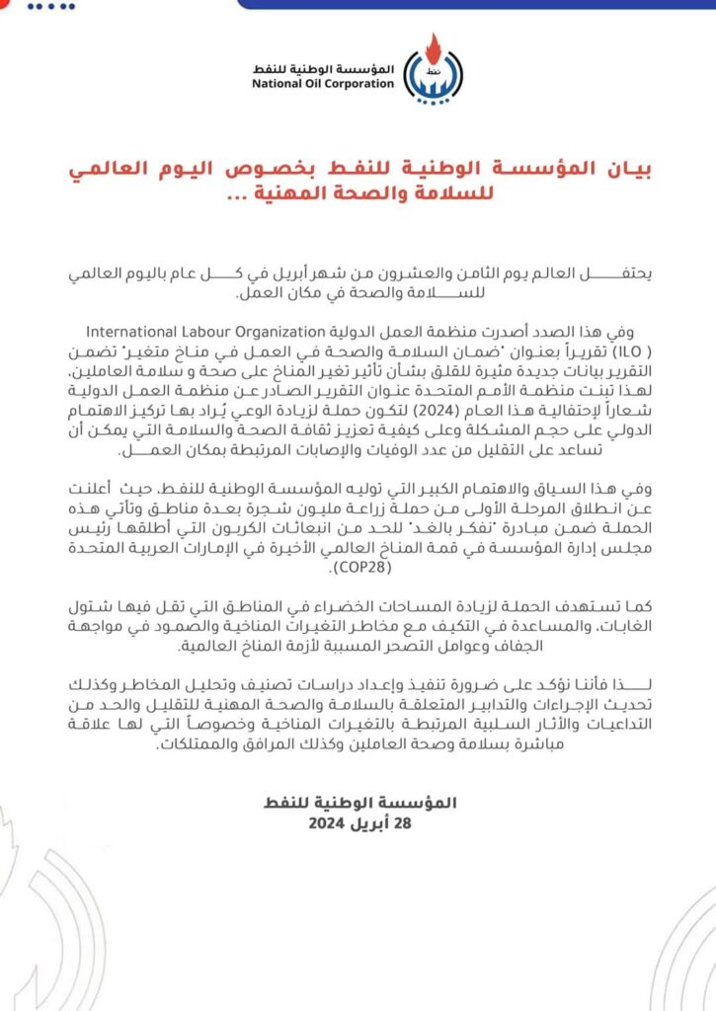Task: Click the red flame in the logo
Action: tap(430, 46)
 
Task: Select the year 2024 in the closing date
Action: tap(328, 822)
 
